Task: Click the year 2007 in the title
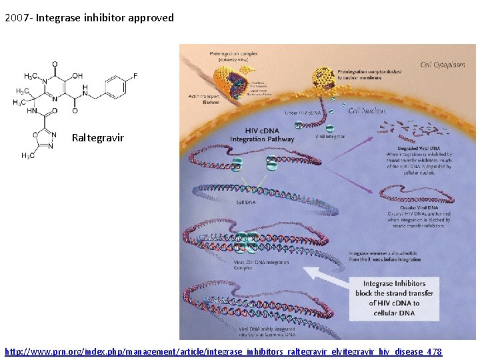16,18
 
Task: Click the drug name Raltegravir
98,138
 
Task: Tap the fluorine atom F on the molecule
135,76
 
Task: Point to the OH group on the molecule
77,76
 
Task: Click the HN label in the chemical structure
32,112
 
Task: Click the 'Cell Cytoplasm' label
443,65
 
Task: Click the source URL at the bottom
223,351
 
